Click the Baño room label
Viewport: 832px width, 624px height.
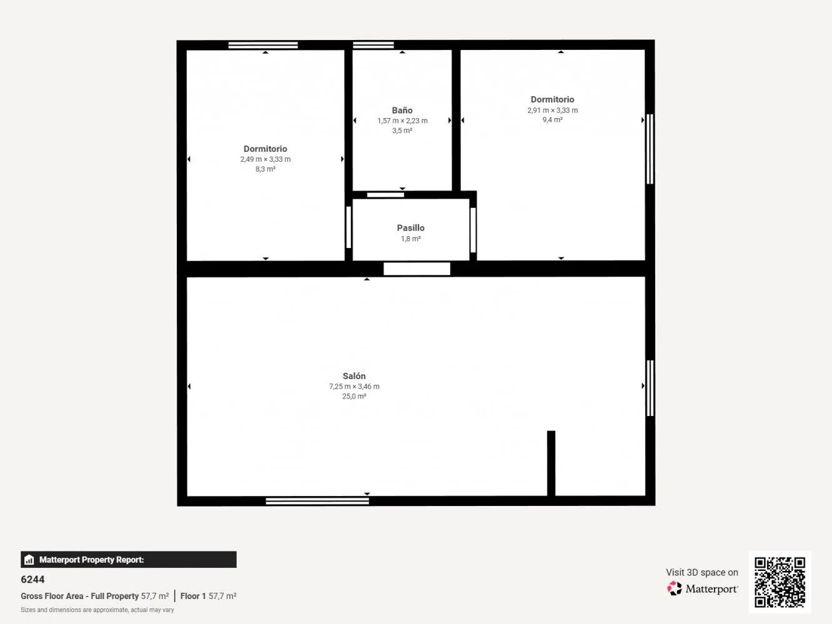pyautogui.click(x=402, y=111)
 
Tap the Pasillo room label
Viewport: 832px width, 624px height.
pyautogui.click(x=410, y=228)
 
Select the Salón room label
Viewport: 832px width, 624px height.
pyautogui.click(x=354, y=376)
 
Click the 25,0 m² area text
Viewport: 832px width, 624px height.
pyautogui.click(x=354, y=396)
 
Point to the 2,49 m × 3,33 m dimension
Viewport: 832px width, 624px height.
pyautogui.click(x=265, y=159)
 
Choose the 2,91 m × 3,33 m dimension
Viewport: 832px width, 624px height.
pyautogui.click(x=552, y=111)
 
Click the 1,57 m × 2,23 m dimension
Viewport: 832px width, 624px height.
pyautogui.click(x=402, y=121)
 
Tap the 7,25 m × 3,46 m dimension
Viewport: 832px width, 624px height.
pyautogui.click(x=354, y=387)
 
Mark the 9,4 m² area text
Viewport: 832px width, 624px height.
pyautogui.click(x=552, y=120)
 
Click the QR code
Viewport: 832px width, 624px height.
pyautogui.click(x=780, y=582)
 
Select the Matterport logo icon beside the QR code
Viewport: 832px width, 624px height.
pyautogui.click(x=675, y=588)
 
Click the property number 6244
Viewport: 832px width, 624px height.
pyautogui.click(x=32, y=579)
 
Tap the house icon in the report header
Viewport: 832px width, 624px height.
pyautogui.click(x=29, y=560)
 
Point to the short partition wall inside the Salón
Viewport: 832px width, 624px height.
pyautogui.click(x=551, y=463)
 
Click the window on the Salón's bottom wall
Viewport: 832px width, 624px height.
pyautogui.click(x=317, y=501)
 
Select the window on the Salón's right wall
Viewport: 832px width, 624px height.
pyautogui.click(x=650, y=388)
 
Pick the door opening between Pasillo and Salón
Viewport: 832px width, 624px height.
pyautogui.click(x=417, y=269)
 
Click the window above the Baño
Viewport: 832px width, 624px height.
pyautogui.click(x=374, y=45)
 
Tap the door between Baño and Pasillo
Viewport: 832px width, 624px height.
pyautogui.click(x=385, y=195)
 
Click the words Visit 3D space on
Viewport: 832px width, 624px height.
pyautogui.click(x=702, y=572)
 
